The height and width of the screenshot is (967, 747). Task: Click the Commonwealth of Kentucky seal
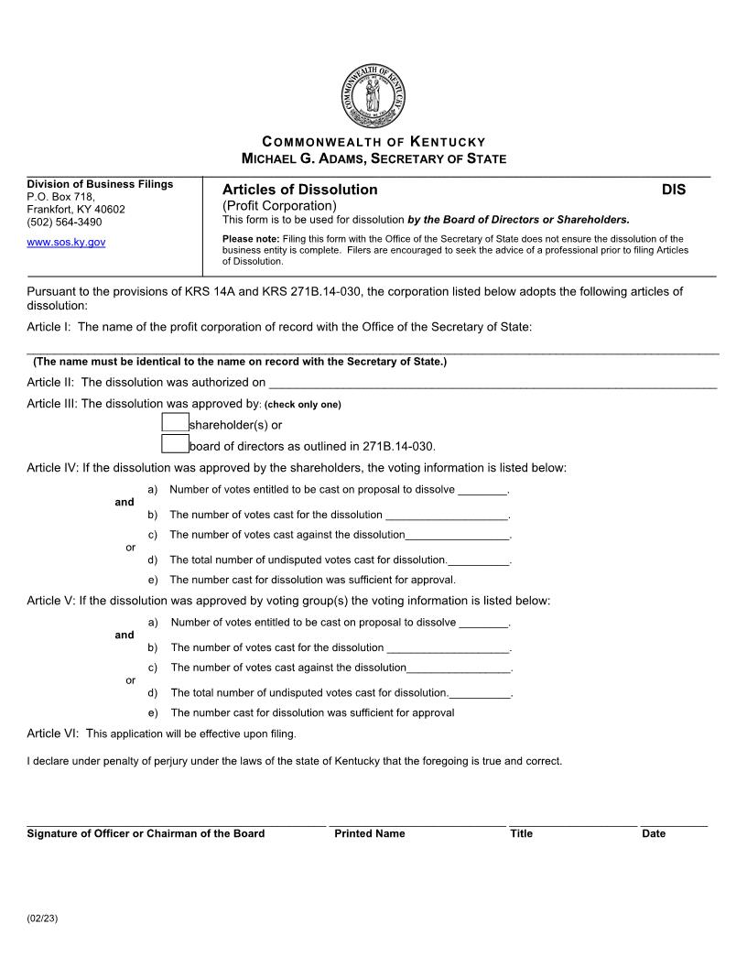pos(373,97)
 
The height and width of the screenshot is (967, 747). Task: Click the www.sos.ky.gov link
pos(66,243)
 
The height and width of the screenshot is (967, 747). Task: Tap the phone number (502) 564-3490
pos(64,222)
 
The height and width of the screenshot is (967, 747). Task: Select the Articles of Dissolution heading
pos(299,190)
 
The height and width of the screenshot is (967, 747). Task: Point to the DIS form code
pos(674,190)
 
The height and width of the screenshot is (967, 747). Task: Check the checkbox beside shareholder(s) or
pos(175,423)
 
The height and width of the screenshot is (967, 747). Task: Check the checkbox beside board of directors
pos(175,445)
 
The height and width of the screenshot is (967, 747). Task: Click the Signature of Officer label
pos(146,833)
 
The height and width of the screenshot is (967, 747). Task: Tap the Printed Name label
pos(370,833)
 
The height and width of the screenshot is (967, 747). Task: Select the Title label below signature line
pos(521,833)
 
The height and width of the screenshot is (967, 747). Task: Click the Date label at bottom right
pos(654,833)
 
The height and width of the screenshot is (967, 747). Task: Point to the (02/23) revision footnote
pos(42,918)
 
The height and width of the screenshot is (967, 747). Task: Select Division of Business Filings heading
pos(100,184)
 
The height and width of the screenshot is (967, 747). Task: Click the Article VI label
pos(52,733)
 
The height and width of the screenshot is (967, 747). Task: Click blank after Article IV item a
pos(482,491)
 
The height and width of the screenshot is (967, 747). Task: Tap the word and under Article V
pos(124,635)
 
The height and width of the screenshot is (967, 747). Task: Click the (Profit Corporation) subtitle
pos(279,205)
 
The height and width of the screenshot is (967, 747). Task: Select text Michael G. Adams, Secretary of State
pos(373,159)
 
